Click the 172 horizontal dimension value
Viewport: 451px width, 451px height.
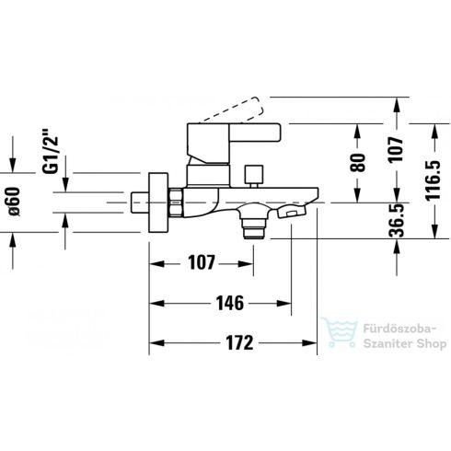[239, 343]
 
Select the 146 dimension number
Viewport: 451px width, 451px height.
[230, 303]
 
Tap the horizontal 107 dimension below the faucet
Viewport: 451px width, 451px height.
[202, 263]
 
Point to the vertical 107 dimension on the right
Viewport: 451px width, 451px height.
[396, 150]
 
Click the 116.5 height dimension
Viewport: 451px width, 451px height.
[433, 180]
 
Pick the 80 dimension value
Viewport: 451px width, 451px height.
[358, 162]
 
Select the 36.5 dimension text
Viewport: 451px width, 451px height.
[396, 220]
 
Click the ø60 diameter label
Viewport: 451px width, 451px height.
[14, 202]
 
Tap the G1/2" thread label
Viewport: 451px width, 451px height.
[50, 152]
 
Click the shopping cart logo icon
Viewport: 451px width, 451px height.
[340, 332]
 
